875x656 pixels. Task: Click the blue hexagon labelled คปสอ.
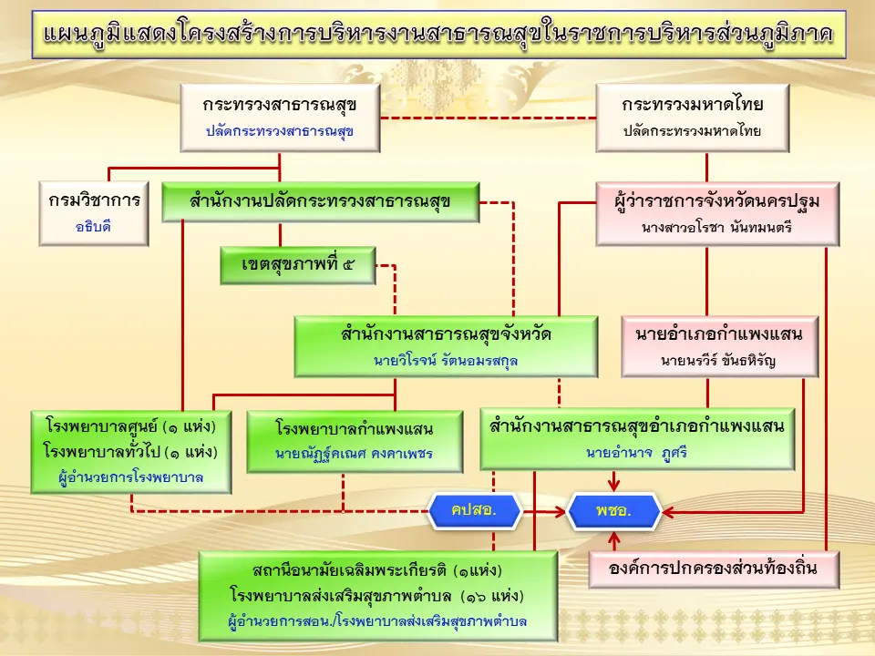pyautogui.click(x=474, y=510)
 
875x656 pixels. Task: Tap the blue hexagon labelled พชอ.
pyautogui.click(x=613, y=511)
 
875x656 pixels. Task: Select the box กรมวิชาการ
pyautogui.click(x=94, y=213)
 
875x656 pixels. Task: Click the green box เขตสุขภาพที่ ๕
pyautogui.click(x=298, y=265)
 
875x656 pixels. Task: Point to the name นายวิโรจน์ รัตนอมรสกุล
pyautogui.click(x=446, y=361)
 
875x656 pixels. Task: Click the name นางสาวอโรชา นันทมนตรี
pyautogui.click(x=717, y=227)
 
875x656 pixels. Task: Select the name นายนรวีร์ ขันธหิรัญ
pyautogui.click(x=718, y=361)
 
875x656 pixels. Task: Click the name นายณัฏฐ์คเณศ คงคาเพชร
pyautogui.click(x=355, y=454)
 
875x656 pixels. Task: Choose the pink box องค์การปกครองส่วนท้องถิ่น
pyautogui.click(x=714, y=569)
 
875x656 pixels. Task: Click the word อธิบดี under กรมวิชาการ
pyautogui.click(x=93, y=227)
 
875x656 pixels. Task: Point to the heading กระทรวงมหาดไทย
pyautogui.click(x=693, y=105)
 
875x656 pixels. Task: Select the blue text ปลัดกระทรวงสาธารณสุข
pyautogui.click(x=280, y=131)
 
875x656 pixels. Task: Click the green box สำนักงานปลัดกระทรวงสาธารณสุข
pyautogui.click(x=320, y=202)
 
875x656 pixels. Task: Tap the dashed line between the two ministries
pyautogui.click(x=489, y=118)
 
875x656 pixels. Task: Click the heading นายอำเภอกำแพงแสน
pyautogui.click(x=719, y=334)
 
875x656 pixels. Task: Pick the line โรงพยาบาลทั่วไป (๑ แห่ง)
pyautogui.click(x=130, y=452)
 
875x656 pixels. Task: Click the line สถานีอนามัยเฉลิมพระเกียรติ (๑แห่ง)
pyautogui.click(x=377, y=570)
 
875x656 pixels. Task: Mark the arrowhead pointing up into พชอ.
pyautogui.click(x=614, y=538)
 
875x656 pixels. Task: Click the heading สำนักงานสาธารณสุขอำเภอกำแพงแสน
pyautogui.click(x=637, y=426)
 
